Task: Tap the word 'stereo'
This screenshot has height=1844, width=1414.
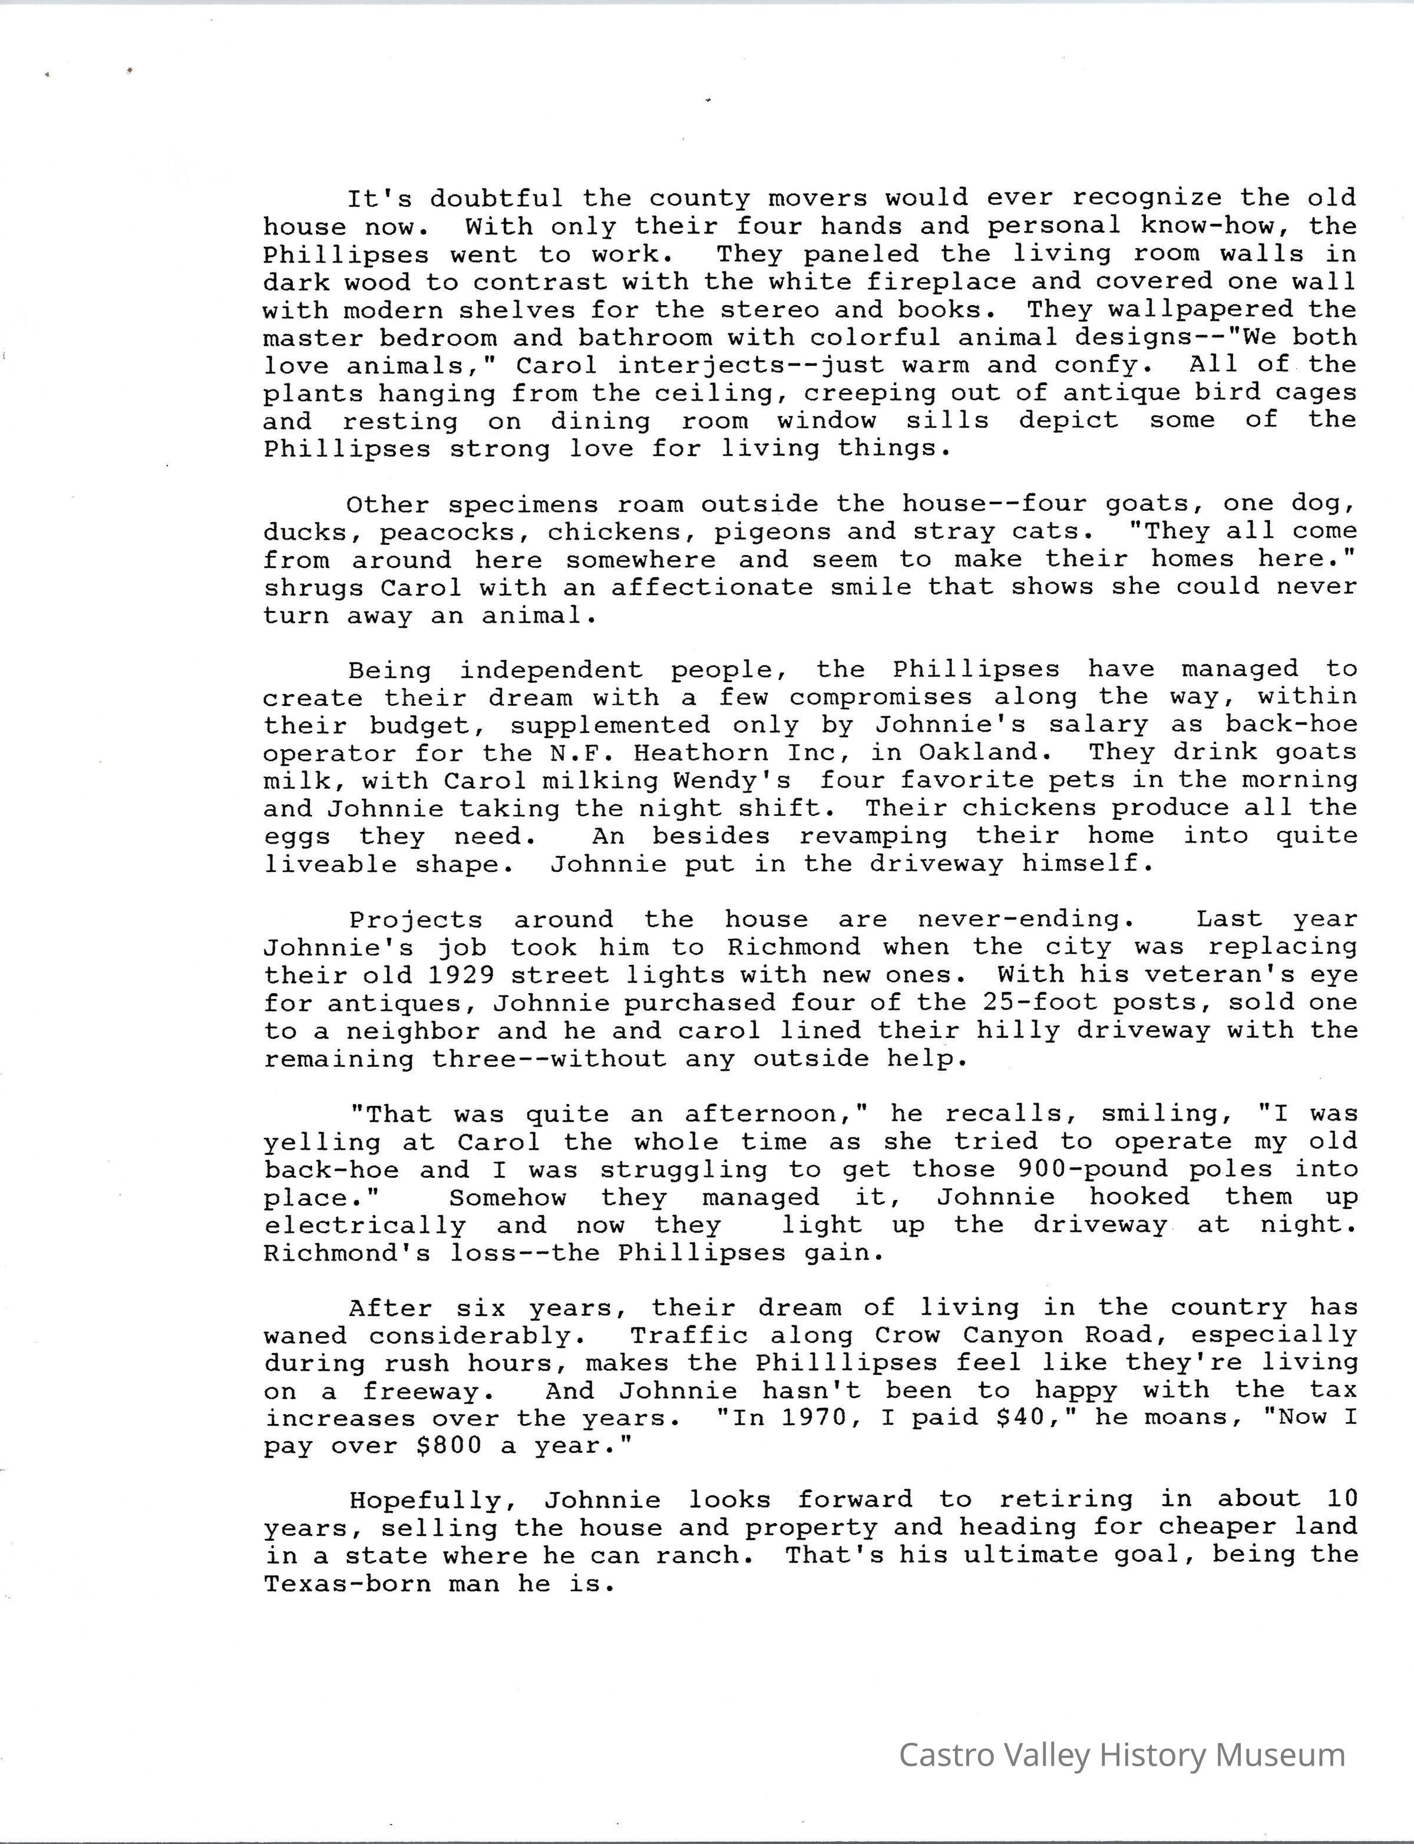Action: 769,310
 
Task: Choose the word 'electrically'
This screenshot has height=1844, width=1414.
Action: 365,1225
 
